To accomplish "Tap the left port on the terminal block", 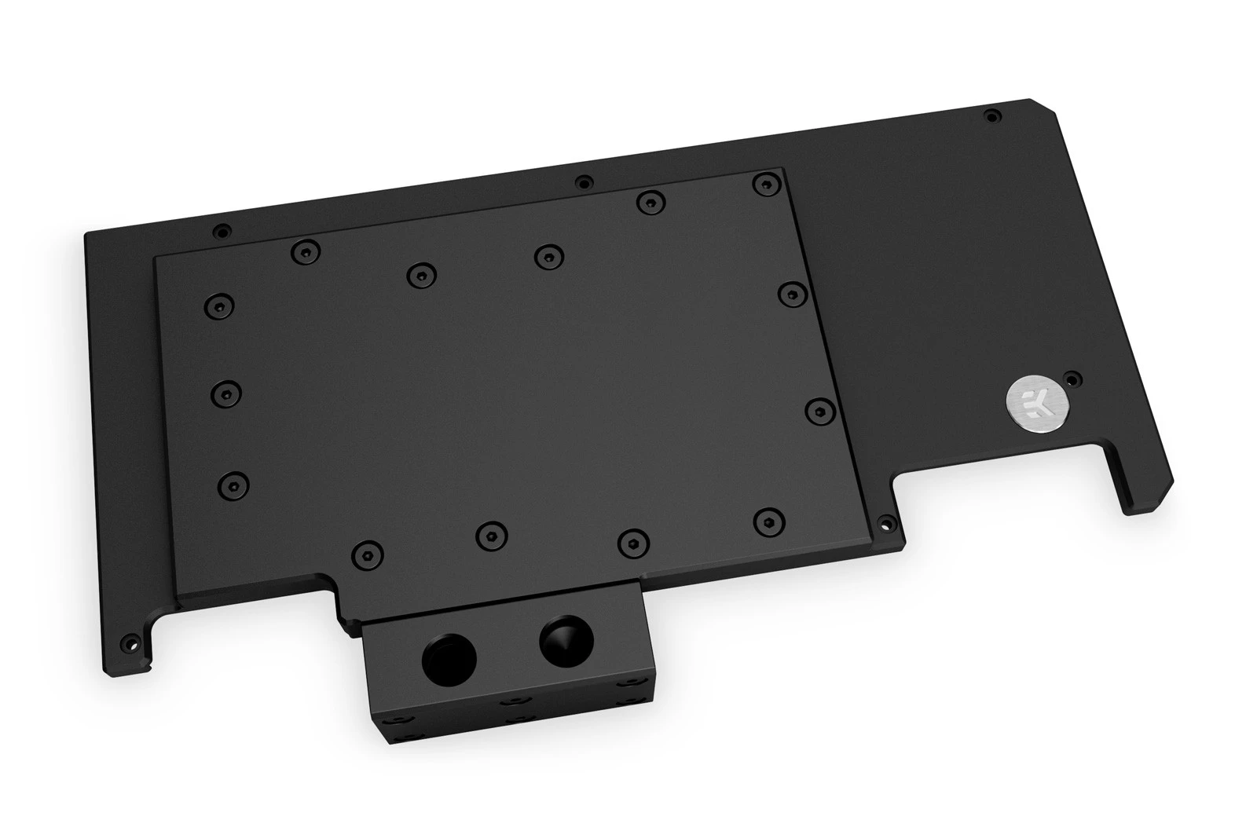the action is click(x=449, y=661).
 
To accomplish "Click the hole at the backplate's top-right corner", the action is click(x=992, y=117).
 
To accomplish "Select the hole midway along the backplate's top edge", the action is click(x=585, y=181).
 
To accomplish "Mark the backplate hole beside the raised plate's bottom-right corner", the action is click(x=886, y=524).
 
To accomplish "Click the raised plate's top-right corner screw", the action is click(x=767, y=183).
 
